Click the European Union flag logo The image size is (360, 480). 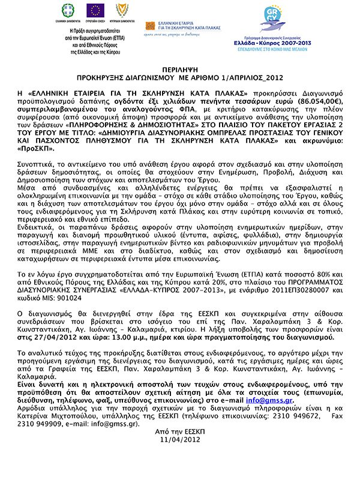click(x=95, y=10)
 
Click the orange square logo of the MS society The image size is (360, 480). click(x=150, y=26)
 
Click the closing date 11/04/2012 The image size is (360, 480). click(x=179, y=440)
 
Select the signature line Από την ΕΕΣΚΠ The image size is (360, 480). click(x=179, y=431)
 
